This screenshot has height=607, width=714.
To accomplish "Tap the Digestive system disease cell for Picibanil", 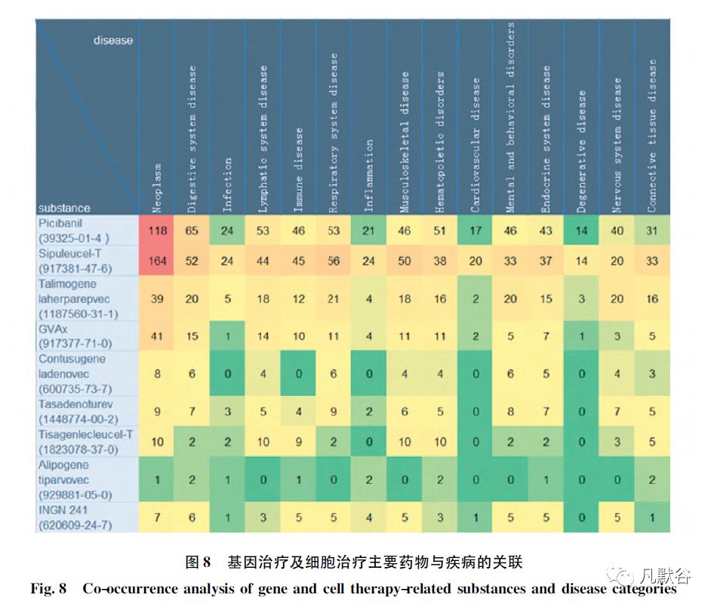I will pos(192,231).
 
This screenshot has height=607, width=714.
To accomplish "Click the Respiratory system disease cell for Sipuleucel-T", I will pos(334,261).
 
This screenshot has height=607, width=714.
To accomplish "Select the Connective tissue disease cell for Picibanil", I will pos(652,231).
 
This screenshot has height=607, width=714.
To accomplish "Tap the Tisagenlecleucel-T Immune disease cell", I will pos(298,442).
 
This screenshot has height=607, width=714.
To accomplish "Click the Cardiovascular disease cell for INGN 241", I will pos(475,517).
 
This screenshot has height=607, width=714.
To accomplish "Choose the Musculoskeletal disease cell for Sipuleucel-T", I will pos(405,261).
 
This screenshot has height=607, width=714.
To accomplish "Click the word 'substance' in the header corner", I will pos(64,207).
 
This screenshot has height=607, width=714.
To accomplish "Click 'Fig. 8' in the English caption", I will pos(51,589).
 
